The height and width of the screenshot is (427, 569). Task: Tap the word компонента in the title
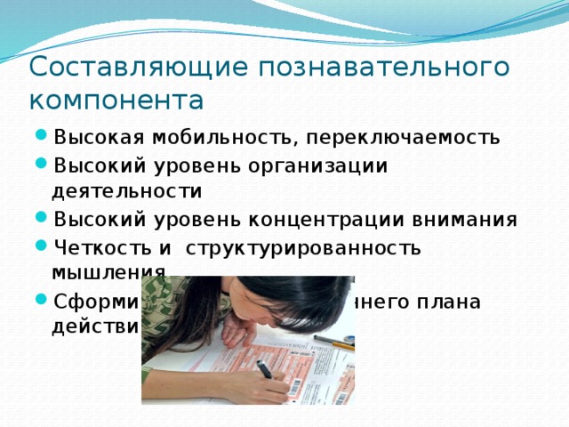pos(116,98)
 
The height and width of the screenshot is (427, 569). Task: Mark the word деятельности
pos(127,190)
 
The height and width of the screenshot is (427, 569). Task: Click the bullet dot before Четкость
pos(42,247)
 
